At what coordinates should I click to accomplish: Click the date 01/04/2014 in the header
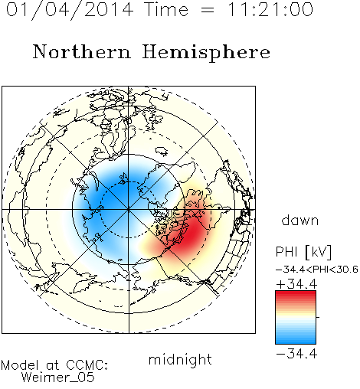point(70,10)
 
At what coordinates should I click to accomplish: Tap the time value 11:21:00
point(270,9)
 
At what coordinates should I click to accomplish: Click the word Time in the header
point(166,9)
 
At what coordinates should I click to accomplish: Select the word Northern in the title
point(82,51)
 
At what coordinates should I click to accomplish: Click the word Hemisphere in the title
point(206,53)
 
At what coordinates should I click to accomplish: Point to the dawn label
point(300,220)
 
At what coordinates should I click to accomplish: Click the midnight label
point(180,360)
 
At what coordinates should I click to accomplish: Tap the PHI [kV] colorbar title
point(303,252)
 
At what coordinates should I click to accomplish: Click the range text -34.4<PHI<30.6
point(317,270)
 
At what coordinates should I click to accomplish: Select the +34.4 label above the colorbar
point(296,284)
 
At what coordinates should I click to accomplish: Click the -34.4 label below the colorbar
point(296,354)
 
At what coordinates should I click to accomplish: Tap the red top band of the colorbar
point(296,294)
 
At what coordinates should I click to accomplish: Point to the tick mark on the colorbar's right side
point(318,317)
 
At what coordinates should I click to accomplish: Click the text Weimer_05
point(58,378)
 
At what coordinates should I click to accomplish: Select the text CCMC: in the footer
point(87,365)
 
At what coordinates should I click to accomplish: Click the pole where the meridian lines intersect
point(129,210)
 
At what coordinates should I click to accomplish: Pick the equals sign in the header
point(208,10)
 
